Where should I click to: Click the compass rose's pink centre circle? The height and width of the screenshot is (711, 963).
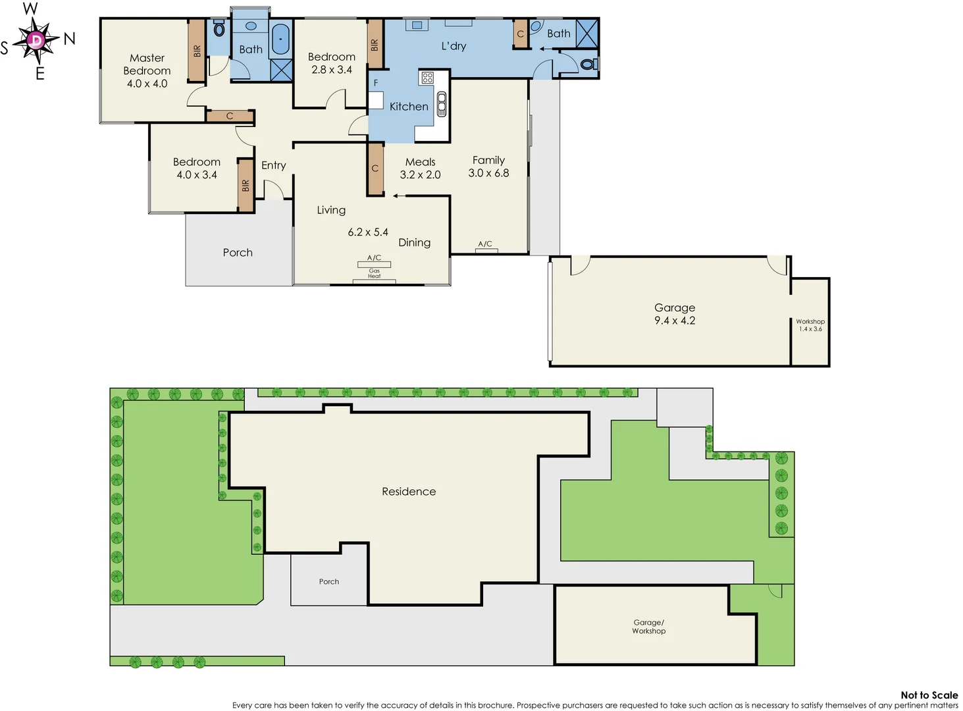pyautogui.click(x=37, y=40)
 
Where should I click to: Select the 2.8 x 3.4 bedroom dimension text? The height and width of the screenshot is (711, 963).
pyautogui.click(x=332, y=70)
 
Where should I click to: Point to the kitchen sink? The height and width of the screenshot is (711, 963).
pyautogui.click(x=441, y=104)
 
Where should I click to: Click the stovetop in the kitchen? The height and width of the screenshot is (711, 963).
pyautogui.click(x=427, y=78)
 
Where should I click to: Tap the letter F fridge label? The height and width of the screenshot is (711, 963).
pyautogui.click(x=376, y=83)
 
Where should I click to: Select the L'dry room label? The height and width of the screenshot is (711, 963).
pyautogui.click(x=454, y=46)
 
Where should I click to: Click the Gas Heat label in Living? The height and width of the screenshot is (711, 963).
pyautogui.click(x=374, y=273)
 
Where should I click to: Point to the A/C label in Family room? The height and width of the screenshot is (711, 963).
pyautogui.click(x=485, y=244)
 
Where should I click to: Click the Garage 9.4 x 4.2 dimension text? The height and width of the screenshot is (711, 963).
pyautogui.click(x=675, y=321)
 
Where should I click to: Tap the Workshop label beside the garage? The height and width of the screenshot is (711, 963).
pyautogui.click(x=810, y=322)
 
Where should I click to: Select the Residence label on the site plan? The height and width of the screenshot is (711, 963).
pyautogui.click(x=409, y=492)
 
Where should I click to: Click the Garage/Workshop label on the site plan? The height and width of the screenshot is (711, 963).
pyautogui.click(x=649, y=627)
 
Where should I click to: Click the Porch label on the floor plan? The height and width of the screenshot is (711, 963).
pyautogui.click(x=238, y=253)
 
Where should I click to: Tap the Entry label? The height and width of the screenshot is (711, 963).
pyautogui.click(x=273, y=165)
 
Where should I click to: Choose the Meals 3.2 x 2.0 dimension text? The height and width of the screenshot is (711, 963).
pyautogui.click(x=420, y=175)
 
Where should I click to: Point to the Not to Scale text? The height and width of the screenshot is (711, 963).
pyautogui.click(x=929, y=695)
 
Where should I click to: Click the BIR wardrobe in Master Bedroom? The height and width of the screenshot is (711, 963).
pyautogui.click(x=196, y=51)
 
